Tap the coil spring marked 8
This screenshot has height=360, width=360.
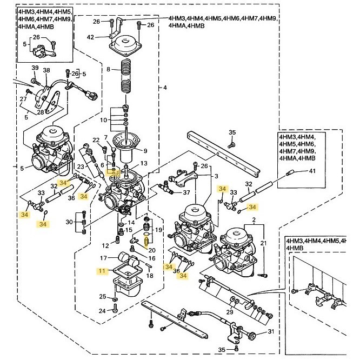tap(126, 76)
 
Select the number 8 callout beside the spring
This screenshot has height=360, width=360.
tap(108, 70)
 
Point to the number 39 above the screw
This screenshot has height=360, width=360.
tap(35, 68)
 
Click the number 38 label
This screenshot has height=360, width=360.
tap(46, 71)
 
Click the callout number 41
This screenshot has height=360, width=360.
tap(311, 171)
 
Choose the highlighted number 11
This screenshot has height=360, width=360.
tap(102, 272)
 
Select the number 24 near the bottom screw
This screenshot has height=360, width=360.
tap(102, 310)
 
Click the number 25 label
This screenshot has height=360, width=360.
tap(102, 297)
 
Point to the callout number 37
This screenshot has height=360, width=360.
tap(186, 192)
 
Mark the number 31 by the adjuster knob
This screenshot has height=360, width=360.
tap(272, 332)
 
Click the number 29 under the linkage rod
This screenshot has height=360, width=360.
tap(229, 313)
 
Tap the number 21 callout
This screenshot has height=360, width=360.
tap(264, 244)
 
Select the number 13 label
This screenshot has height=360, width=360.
tap(144, 163)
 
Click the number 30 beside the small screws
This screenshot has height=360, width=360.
tap(70, 222)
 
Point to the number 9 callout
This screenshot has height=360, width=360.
tap(144, 151)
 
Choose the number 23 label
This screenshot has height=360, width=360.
tap(81, 168)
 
